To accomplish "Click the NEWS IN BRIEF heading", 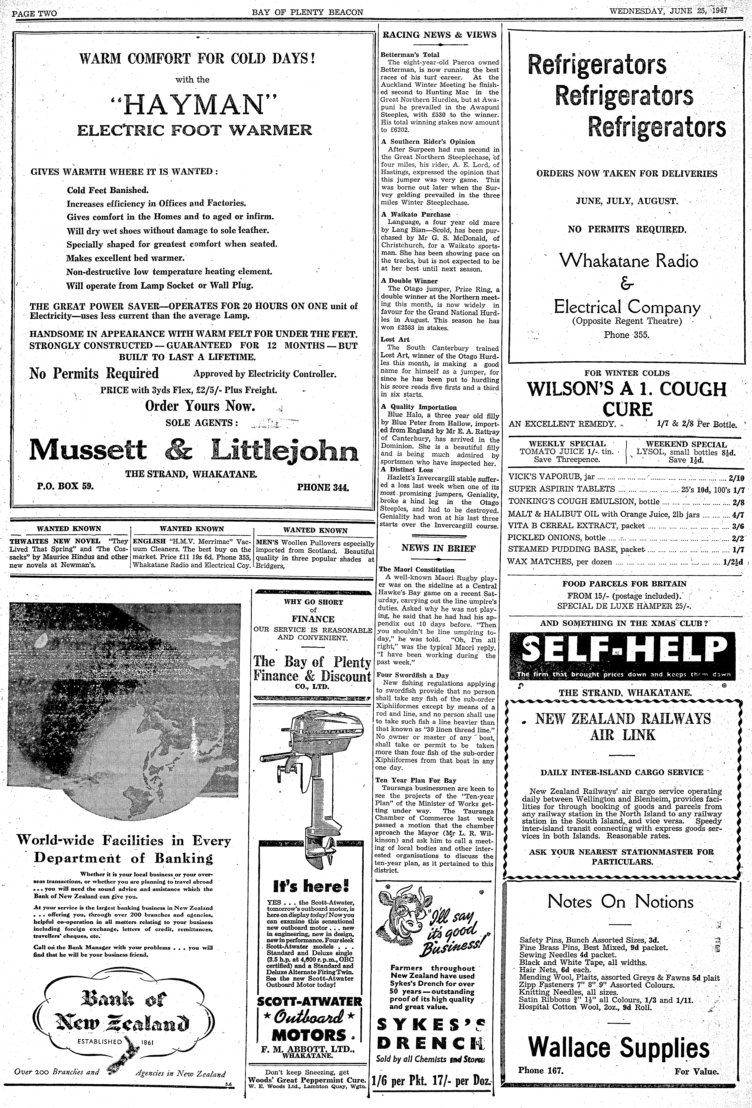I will [438, 548].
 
